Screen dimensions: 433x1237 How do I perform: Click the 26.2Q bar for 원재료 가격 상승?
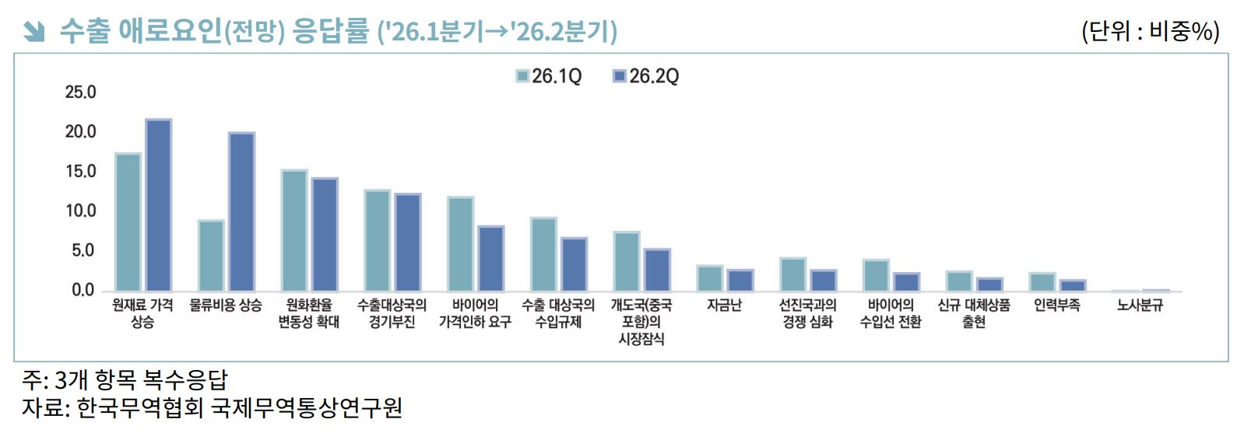pyautogui.click(x=159, y=205)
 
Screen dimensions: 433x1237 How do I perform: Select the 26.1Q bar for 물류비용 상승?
pyautogui.click(x=211, y=256)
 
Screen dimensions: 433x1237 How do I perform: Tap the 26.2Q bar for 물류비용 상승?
pyautogui.click(x=241, y=212)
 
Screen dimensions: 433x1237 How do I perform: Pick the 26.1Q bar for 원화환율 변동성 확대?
pyautogui.click(x=294, y=231)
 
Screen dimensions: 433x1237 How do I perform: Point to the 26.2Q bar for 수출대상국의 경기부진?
pyautogui.click(x=408, y=243)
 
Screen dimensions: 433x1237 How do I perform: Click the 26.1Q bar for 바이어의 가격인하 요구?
pyautogui.click(x=460, y=244)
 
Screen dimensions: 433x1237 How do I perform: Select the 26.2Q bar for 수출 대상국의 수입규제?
pyautogui.click(x=575, y=264)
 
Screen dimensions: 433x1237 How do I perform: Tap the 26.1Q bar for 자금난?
pyautogui.click(x=710, y=278)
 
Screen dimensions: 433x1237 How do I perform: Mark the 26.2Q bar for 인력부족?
pyautogui.click(x=1073, y=285)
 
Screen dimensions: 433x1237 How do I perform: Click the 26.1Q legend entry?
pyautogui.click(x=549, y=76)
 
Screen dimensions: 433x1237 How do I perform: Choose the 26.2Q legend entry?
pyautogui.click(x=646, y=76)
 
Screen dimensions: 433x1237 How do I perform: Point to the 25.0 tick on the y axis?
pyautogui.click(x=81, y=93)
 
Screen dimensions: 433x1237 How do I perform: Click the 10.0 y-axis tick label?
pyautogui.click(x=81, y=211)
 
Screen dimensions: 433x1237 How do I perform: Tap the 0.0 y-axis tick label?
pyautogui.click(x=83, y=291)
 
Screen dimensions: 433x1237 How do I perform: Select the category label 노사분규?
pyautogui.click(x=1140, y=306)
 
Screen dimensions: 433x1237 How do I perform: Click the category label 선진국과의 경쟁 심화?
pyautogui.click(x=808, y=313)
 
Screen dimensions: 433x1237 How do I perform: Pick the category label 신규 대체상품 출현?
pyautogui.click(x=974, y=313)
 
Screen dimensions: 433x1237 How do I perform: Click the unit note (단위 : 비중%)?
pyautogui.click(x=1150, y=31)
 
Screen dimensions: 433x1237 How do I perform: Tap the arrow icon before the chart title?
pyautogui.click(x=33, y=31)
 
